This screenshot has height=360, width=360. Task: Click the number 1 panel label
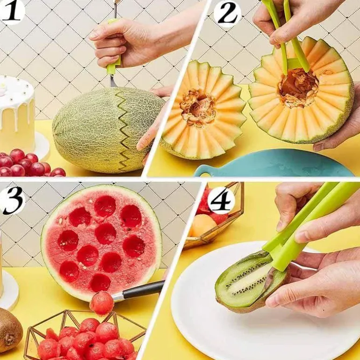coord(12,12)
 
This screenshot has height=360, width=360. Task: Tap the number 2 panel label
coord(227,14)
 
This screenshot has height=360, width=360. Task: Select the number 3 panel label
coord(13,200)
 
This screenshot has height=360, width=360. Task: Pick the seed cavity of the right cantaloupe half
coord(298,88)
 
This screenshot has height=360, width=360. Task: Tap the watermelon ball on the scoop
coord(101,303)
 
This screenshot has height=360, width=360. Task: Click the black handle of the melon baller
coord(143,290)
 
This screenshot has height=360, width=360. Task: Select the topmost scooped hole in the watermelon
coord(105,206)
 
